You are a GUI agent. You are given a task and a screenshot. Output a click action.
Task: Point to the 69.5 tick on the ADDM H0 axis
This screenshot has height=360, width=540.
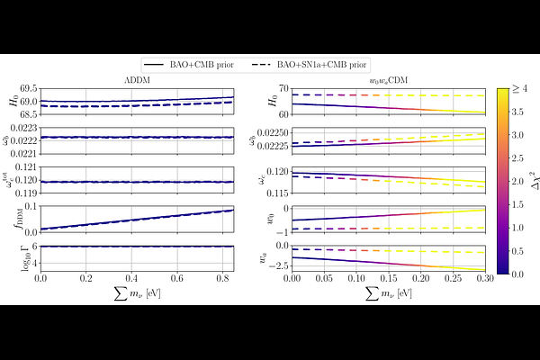coord(28,88)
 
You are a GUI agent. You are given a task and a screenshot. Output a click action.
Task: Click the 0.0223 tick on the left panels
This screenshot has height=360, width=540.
coord(26,128)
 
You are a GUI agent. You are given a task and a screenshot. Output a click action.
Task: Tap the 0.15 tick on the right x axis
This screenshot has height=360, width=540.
coord(388,280)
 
